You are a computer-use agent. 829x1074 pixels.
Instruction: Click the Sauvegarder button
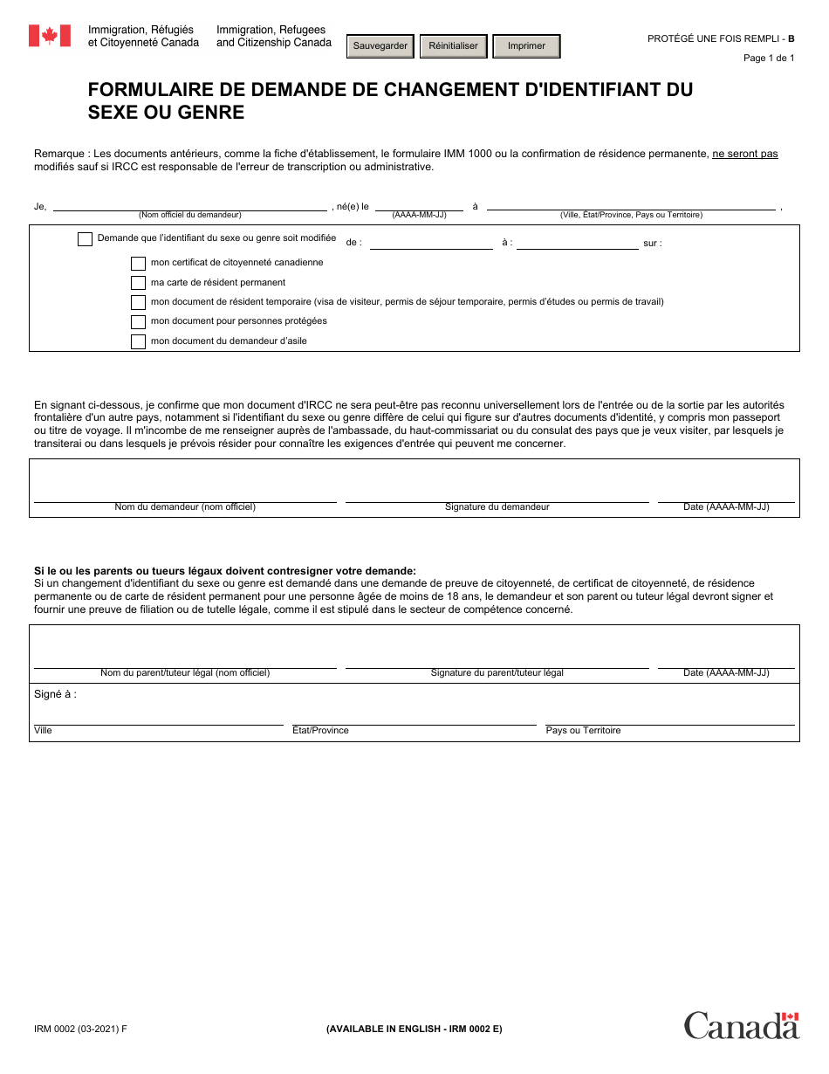tap(380, 46)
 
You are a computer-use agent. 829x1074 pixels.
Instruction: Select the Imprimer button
tap(526, 46)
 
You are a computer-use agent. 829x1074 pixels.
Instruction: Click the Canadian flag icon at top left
tap(50, 36)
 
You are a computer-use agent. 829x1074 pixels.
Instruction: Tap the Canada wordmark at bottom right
tap(741, 1025)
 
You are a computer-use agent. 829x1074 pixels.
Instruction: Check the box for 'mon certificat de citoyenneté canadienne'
tap(138, 263)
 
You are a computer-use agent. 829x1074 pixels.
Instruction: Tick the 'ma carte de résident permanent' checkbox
tap(138, 283)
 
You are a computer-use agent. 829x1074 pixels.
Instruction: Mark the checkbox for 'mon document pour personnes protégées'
tap(138, 321)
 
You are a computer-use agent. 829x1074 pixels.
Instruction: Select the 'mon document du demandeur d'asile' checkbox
tap(138, 341)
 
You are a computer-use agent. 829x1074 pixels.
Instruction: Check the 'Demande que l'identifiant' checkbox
tap(85, 239)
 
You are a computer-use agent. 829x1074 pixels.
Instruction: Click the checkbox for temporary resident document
tap(138, 302)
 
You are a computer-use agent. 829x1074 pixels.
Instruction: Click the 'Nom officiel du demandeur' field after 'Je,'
tap(189, 203)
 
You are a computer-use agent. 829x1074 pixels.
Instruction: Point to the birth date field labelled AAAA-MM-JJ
tap(419, 203)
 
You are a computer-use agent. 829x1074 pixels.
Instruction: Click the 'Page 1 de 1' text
tap(768, 59)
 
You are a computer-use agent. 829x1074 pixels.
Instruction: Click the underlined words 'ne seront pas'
tap(744, 154)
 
